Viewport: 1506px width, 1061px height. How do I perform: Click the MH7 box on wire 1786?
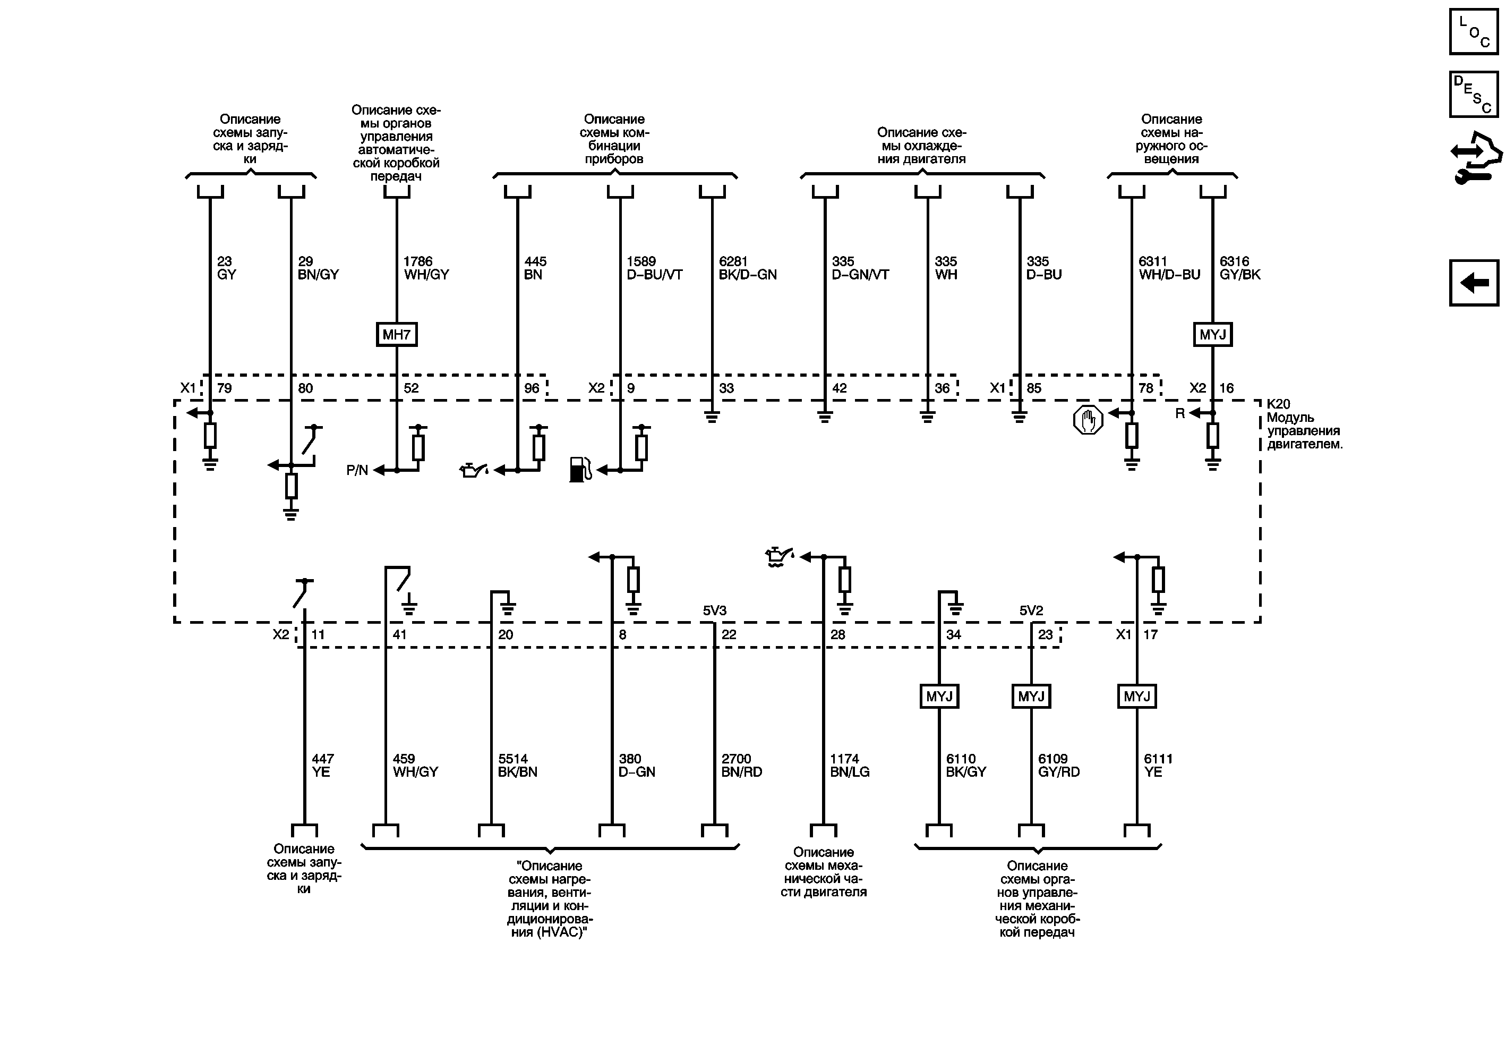(x=396, y=335)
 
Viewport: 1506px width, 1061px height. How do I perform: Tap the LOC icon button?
(x=1473, y=31)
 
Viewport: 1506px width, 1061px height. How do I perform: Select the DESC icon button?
(x=1473, y=95)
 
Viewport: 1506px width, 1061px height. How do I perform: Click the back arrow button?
(x=1473, y=283)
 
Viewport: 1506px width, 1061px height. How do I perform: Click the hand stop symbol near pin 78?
(x=1088, y=420)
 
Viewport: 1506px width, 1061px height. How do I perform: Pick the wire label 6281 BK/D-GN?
(x=747, y=268)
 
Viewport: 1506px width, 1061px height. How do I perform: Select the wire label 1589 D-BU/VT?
(x=654, y=268)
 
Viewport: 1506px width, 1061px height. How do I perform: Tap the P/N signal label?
(x=357, y=470)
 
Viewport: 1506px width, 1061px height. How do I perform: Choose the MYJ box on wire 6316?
(x=1212, y=335)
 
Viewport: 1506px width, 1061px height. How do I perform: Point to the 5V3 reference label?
(x=714, y=611)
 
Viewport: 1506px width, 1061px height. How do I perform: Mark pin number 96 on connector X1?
(x=532, y=388)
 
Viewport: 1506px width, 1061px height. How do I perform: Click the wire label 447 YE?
(x=322, y=766)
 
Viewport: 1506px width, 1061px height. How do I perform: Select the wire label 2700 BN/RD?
(x=741, y=766)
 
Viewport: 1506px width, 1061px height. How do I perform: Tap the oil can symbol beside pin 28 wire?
(x=778, y=557)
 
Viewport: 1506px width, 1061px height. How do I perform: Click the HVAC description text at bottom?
(x=549, y=899)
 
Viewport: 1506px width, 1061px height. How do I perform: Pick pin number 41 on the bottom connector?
(x=399, y=634)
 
